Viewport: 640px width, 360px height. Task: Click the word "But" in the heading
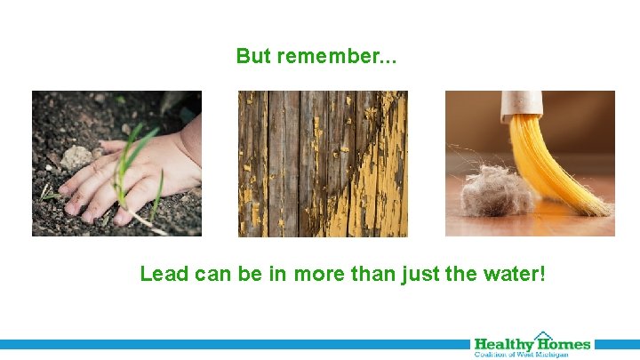pyautogui.click(x=254, y=57)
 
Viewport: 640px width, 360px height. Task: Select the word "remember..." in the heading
pyautogui.click(x=337, y=57)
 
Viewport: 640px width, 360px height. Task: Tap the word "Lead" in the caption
pyautogui.click(x=164, y=274)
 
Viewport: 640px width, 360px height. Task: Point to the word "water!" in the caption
pyautogui.click(x=514, y=274)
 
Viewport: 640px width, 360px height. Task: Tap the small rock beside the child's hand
pyautogui.click(x=77, y=157)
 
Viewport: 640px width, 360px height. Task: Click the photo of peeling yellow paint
pyautogui.click(x=323, y=164)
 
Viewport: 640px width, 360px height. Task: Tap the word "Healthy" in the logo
pyautogui.click(x=503, y=344)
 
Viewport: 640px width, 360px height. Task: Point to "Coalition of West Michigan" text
pyautogui.click(x=531, y=354)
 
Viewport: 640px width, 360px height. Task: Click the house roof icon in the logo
pyautogui.click(x=543, y=336)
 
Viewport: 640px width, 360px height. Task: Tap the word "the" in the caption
pyautogui.click(x=460, y=274)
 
